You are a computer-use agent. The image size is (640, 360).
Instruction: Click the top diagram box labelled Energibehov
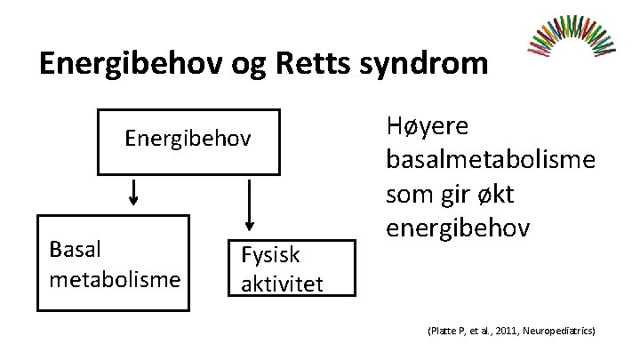point(188,140)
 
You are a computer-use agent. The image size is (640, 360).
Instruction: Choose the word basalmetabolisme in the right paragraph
point(491,161)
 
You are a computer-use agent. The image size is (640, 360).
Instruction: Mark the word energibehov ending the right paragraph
point(459,228)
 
